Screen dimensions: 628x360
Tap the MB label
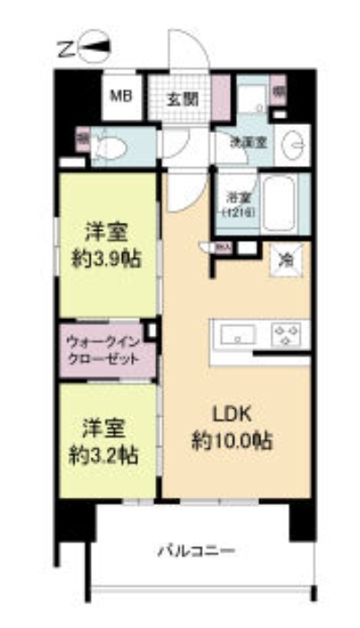click(x=120, y=93)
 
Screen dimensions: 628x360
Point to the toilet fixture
click(x=108, y=145)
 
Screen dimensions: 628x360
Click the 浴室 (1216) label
click(x=238, y=204)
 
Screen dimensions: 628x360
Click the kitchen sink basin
click(x=235, y=337)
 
